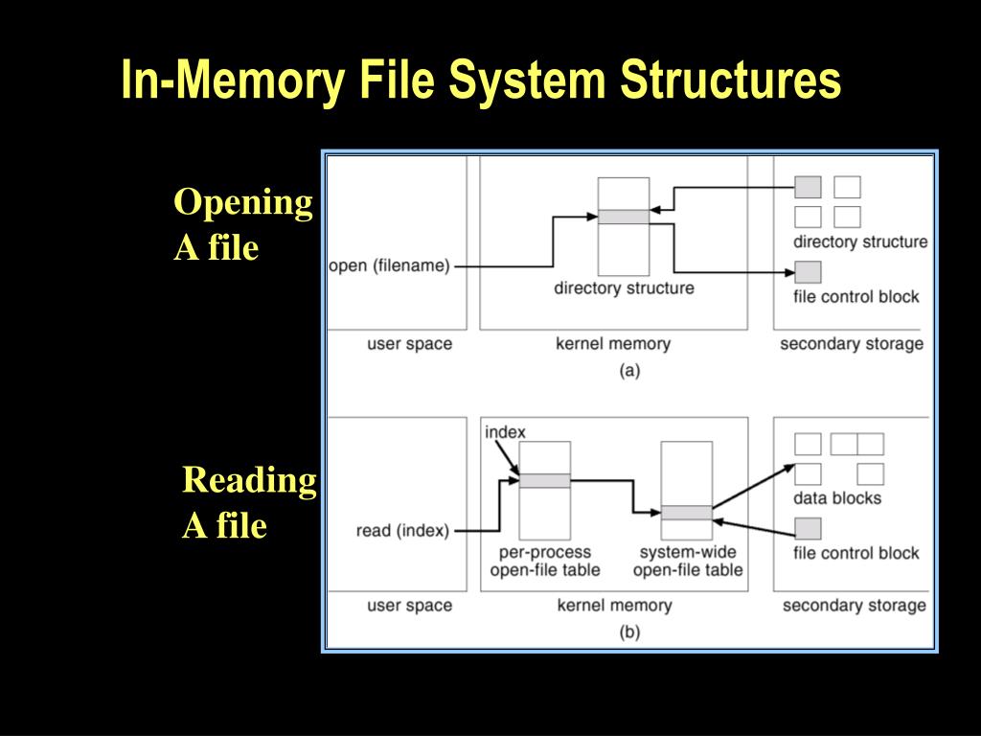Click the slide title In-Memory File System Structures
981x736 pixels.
[481, 80]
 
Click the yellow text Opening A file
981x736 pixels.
[243, 225]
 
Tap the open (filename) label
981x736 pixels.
[389, 265]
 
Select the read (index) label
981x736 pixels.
[402, 530]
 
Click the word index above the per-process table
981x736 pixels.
[505, 432]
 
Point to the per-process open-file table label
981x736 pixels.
[544, 562]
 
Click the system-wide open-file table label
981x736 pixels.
[687, 562]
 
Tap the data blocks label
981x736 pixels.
[836, 498]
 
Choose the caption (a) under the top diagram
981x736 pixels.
[629, 371]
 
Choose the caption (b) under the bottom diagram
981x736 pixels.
[629, 632]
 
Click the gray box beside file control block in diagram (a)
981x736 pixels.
[809, 271]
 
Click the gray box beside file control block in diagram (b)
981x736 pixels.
[809, 528]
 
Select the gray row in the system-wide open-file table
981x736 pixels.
[687, 513]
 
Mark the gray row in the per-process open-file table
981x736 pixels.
[544, 480]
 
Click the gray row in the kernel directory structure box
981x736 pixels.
[624, 217]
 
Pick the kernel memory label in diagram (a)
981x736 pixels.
[613, 344]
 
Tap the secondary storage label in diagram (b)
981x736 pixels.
[854, 605]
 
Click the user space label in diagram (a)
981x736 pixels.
[409, 344]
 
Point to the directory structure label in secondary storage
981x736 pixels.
[859, 241]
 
